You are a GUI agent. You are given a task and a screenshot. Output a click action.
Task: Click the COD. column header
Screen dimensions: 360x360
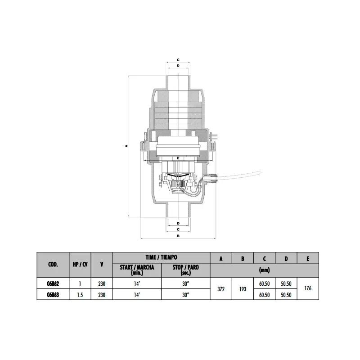(53, 265)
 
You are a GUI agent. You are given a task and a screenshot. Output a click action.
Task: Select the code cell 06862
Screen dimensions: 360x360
(53, 284)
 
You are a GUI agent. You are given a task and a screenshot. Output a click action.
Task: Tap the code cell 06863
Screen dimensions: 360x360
(53, 295)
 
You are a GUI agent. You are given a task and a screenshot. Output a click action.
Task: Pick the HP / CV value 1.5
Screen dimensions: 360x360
(80, 295)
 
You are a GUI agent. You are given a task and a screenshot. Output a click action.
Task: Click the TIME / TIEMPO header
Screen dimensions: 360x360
(162, 257)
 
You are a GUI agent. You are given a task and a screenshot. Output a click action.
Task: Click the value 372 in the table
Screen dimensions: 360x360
(221, 289)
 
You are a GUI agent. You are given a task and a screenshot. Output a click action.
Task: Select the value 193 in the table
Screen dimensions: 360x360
(243, 289)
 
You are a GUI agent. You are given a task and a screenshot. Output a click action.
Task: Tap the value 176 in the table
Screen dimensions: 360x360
(308, 288)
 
